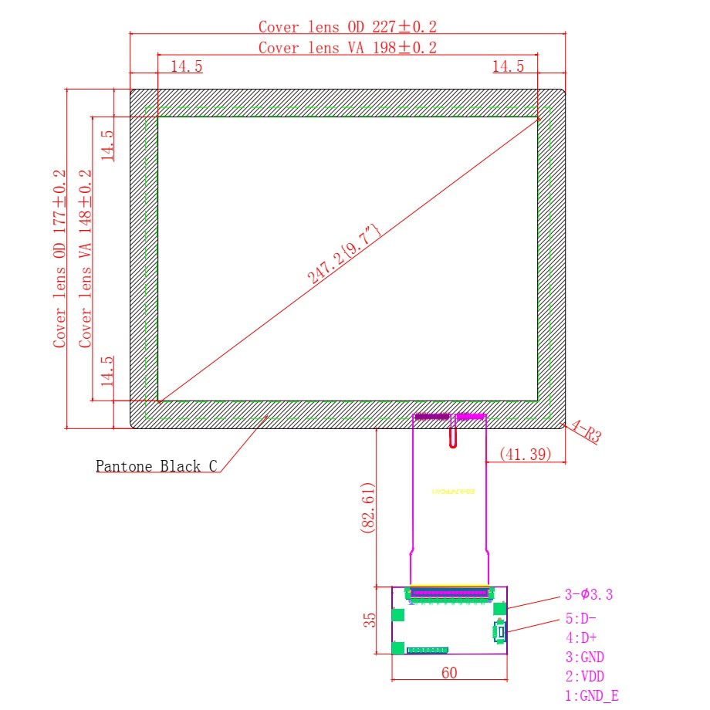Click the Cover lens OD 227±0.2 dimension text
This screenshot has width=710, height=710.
click(x=348, y=27)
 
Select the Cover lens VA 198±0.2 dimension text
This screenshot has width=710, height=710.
click(x=348, y=48)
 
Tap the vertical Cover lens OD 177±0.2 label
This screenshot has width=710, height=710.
click(x=60, y=259)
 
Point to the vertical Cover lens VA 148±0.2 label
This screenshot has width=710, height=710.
click(x=86, y=259)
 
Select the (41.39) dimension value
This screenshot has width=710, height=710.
click(x=526, y=455)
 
